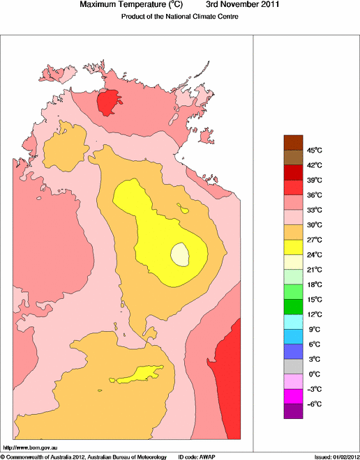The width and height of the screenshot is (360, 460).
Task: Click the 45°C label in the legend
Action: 314,150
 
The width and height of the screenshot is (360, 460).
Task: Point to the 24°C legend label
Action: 314,254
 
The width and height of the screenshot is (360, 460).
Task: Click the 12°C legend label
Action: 314,314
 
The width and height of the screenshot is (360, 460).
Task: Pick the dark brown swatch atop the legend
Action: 293,142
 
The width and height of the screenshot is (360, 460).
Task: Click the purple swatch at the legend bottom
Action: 293,411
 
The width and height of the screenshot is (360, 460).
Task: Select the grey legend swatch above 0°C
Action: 293,367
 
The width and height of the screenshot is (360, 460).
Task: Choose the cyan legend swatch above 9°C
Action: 293,322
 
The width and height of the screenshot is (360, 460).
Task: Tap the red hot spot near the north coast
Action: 107,102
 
